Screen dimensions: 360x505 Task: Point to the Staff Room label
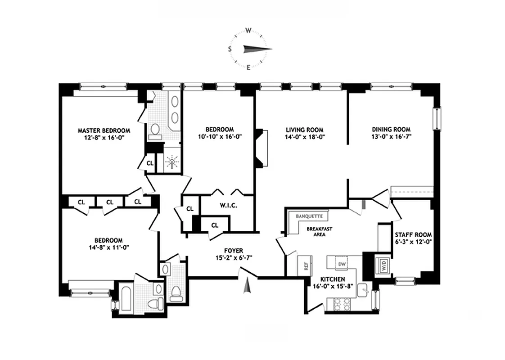point(413,234)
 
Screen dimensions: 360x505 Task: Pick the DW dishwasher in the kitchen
point(342,264)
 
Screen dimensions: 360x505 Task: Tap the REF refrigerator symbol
point(306,266)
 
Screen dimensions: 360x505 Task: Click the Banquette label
point(309,216)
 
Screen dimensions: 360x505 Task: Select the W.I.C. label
point(228,206)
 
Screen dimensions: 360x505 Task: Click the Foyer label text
point(234,251)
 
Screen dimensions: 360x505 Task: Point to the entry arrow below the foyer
point(246,287)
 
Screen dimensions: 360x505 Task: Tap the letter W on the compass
point(248,31)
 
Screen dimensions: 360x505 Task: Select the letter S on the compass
point(230,49)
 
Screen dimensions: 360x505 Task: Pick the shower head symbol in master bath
point(171,162)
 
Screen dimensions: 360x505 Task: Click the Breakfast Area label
point(320,231)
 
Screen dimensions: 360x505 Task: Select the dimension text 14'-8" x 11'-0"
point(108,247)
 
